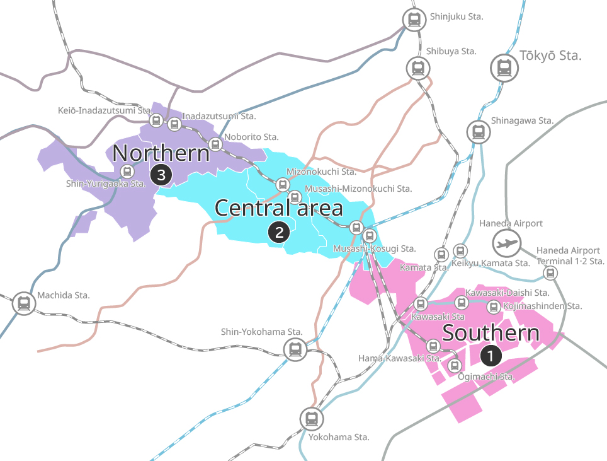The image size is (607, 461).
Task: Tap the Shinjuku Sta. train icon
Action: pyautogui.click(x=414, y=20)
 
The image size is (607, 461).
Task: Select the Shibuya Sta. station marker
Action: pyautogui.click(x=417, y=67)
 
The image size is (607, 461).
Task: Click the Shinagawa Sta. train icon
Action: pyautogui.click(x=479, y=132)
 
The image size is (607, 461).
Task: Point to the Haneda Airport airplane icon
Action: pyautogui.click(x=507, y=242)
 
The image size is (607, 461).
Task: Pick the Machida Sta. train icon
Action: pyautogui.click(x=24, y=303)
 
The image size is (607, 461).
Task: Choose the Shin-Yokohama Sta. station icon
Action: pyautogui.click(x=294, y=349)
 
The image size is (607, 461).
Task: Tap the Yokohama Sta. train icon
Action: pyautogui.click(x=311, y=417)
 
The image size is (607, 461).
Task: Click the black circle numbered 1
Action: pyautogui.click(x=491, y=356)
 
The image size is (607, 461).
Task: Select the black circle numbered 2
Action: pyautogui.click(x=278, y=232)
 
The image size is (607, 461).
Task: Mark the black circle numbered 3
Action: pyautogui.click(x=161, y=175)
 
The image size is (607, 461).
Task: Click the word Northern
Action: pyautogui.click(x=161, y=153)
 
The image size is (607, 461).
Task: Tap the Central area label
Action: pyautogui.click(x=279, y=207)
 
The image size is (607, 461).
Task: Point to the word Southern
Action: pyautogui.click(x=491, y=333)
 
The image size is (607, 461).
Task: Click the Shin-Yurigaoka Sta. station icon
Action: pyautogui.click(x=127, y=171)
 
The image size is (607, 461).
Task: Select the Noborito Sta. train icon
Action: pyautogui.click(x=215, y=144)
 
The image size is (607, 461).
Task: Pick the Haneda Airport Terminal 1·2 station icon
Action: pyautogui.click(x=551, y=272)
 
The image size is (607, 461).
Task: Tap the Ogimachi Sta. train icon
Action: pyautogui.click(x=454, y=365)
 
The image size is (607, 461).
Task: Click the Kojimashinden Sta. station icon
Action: pyautogui.click(x=494, y=306)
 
